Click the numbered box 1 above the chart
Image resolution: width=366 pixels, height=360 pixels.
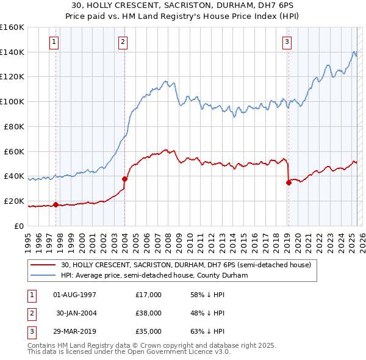click(54, 42)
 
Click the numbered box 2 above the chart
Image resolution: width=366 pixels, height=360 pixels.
click(123, 42)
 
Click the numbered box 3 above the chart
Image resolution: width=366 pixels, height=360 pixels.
click(287, 42)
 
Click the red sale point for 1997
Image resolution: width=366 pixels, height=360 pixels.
click(56, 204)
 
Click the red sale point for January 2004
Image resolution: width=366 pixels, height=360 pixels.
click(124, 179)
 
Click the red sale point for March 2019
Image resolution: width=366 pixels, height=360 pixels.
click(289, 182)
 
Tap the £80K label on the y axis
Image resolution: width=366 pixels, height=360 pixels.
click(14, 126)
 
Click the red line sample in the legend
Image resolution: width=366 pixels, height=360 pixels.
click(43, 265)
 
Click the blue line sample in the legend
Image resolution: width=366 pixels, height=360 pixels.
click(43, 276)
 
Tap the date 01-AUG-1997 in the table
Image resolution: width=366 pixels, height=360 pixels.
click(75, 295)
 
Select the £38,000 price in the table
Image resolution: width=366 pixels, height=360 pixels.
click(148, 313)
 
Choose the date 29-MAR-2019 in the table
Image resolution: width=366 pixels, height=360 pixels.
click(75, 331)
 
